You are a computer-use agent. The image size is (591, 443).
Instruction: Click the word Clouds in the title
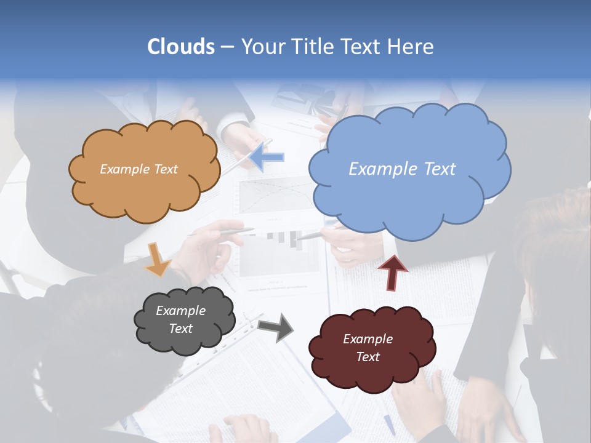click(x=181, y=47)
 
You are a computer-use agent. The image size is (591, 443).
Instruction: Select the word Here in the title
click(x=411, y=47)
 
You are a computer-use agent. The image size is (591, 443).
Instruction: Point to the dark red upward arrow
click(x=393, y=272)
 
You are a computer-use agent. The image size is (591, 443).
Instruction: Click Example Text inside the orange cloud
click(x=139, y=169)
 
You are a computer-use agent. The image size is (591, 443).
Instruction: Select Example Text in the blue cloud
click(x=402, y=169)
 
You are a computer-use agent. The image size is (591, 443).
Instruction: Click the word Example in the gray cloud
click(x=180, y=311)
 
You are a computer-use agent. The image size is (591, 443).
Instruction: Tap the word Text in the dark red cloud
click(x=368, y=357)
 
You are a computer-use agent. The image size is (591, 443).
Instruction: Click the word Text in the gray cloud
click(x=180, y=329)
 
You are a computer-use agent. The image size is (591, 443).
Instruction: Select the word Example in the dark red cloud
click(x=368, y=339)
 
